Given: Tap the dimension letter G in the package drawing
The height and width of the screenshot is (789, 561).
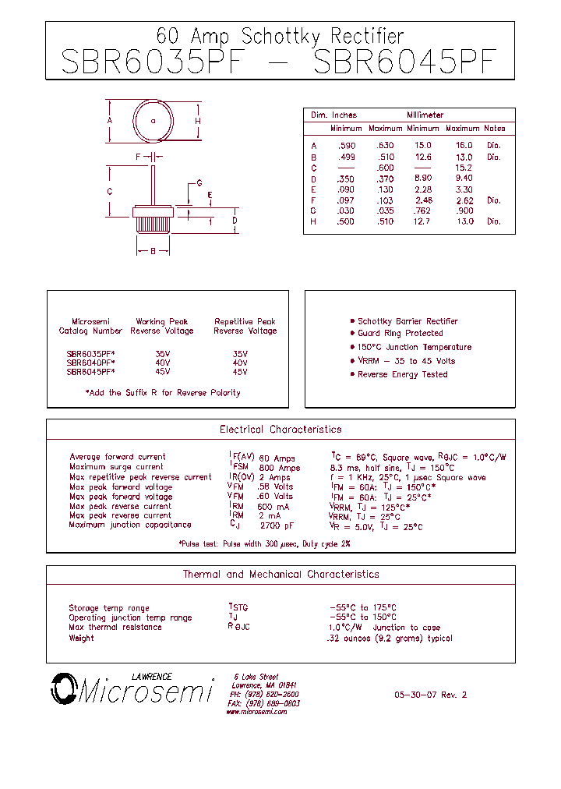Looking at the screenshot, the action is tap(199, 183).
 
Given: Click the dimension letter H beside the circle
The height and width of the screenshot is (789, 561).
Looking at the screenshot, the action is tap(198, 121).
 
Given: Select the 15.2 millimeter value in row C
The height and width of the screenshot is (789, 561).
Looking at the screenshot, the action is tap(464, 168).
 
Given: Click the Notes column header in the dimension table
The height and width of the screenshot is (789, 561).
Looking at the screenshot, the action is tap(494, 129).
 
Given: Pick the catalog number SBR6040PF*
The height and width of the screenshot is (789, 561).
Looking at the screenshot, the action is tap(90, 363).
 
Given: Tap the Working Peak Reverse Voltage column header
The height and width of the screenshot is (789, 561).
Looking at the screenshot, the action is tap(162, 326).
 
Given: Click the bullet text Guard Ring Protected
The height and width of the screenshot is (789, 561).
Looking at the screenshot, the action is tap(400, 334).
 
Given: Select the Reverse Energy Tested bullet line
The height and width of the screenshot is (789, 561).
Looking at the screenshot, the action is tap(402, 374).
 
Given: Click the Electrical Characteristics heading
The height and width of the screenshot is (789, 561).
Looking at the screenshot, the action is tap(280, 430).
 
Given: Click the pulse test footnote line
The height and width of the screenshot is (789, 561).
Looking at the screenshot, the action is tap(264, 543).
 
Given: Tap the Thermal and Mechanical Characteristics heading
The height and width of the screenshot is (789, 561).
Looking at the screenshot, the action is tap(280, 575).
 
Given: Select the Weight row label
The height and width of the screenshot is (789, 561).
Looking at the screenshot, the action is tap(81, 638).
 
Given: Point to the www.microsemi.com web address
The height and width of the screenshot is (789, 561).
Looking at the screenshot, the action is tap(258, 712).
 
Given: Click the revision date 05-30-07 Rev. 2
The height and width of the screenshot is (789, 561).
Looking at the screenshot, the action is tap(431, 695).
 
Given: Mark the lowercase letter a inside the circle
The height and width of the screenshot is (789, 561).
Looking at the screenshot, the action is tap(153, 121).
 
